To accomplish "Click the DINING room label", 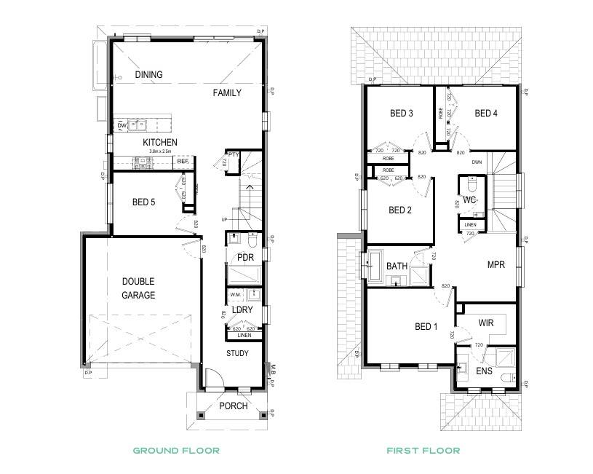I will (x=148, y=75).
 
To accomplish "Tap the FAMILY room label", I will (x=227, y=93).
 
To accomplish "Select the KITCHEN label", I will (x=160, y=142).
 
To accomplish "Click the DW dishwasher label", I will (x=122, y=126).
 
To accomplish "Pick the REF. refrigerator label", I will (x=182, y=161).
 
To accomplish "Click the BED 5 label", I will (x=143, y=202).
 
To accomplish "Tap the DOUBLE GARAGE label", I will (x=138, y=288).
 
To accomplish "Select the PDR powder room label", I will (x=244, y=258).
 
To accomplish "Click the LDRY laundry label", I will (x=242, y=310).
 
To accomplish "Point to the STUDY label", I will (x=237, y=354).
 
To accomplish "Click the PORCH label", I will (x=234, y=406).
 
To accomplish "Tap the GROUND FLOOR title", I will (x=175, y=451).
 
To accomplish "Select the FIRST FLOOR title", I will (x=423, y=451).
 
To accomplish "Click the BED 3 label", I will (x=402, y=114).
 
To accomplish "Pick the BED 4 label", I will (x=486, y=114).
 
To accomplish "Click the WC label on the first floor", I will (x=469, y=199).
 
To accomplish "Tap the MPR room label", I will (x=496, y=265).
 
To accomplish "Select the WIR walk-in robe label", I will (x=486, y=322).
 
